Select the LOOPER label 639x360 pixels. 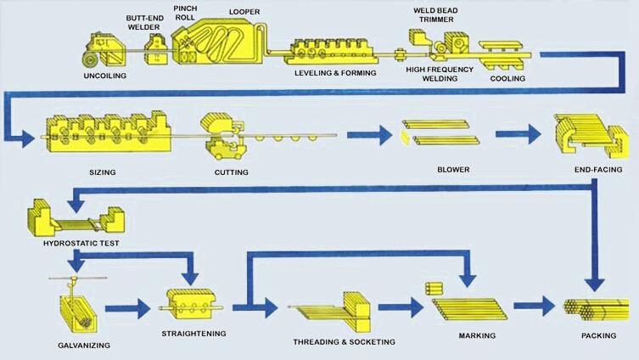point(244,13)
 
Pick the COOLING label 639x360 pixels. point(507,79)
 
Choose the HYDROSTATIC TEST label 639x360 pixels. point(75,243)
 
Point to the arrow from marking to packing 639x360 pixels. point(534,306)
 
